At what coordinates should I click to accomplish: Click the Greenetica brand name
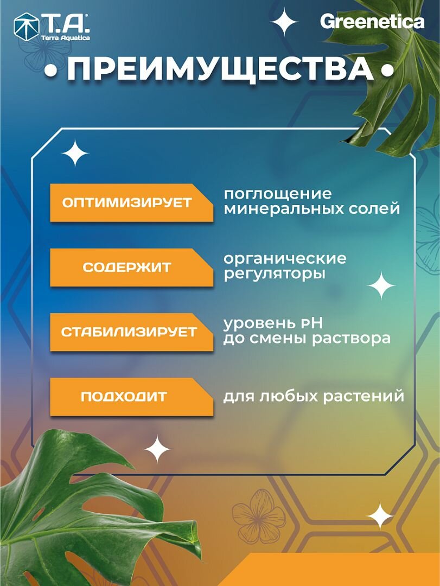point(372,22)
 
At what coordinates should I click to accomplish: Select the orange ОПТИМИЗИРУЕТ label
point(127,203)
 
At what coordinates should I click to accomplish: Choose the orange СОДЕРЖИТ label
point(127,267)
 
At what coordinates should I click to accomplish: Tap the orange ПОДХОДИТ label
point(124,397)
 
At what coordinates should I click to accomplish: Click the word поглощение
point(277,194)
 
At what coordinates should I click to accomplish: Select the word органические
point(285,258)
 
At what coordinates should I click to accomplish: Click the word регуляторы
point(275,273)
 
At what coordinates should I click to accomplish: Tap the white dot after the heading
point(387,72)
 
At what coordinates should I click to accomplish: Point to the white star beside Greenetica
point(284,23)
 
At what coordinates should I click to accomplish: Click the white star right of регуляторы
point(381,285)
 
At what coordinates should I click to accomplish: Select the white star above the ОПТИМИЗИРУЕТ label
point(75,154)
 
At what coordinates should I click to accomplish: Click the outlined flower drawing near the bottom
point(259,515)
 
